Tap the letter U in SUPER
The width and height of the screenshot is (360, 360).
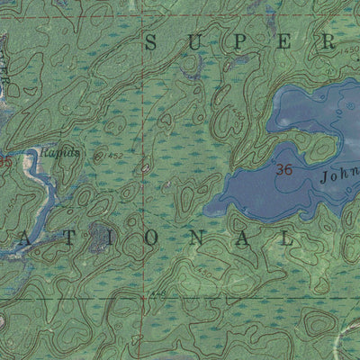click(x=197, y=42)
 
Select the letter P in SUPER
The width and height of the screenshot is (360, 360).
click(x=242, y=42)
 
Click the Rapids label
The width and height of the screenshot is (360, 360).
click(x=65, y=153)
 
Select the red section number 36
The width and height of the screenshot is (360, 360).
click(x=285, y=169)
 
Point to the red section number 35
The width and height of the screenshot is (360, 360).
click(x=6, y=163)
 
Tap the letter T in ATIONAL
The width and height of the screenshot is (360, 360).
click(x=70, y=239)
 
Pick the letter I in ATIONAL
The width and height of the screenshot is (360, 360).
click(x=114, y=239)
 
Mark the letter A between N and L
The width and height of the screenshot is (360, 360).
click(x=246, y=239)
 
